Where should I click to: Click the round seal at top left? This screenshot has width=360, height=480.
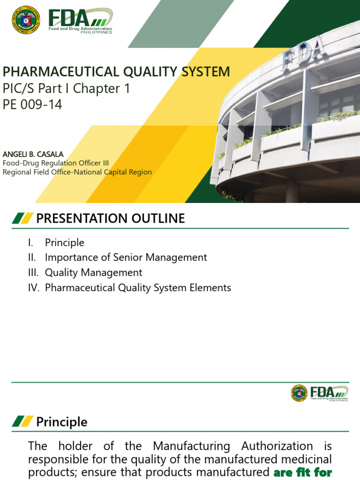click(x=26, y=19)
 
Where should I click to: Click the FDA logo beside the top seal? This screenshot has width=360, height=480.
click(x=80, y=20)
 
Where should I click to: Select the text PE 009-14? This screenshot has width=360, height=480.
click(x=32, y=104)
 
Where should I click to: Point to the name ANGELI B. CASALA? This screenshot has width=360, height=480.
click(x=33, y=154)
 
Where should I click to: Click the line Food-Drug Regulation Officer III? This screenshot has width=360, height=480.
click(x=56, y=163)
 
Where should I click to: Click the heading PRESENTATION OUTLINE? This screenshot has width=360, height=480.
click(x=111, y=218)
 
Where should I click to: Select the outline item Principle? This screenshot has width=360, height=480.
click(x=65, y=242)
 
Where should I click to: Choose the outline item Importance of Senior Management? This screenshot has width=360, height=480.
click(x=126, y=257)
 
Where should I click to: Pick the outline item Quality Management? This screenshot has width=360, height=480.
click(x=93, y=272)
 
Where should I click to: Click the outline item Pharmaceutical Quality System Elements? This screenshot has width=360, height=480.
click(x=138, y=287)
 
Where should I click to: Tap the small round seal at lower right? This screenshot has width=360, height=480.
click(x=299, y=393)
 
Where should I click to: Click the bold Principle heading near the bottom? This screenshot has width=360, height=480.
click(x=61, y=422)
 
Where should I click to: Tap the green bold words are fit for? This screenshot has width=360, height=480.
click(x=302, y=472)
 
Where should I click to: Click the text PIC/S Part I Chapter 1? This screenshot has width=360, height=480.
click(x=67, y=88)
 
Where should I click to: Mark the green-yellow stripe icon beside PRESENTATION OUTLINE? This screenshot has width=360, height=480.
click(x=22, y=218)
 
